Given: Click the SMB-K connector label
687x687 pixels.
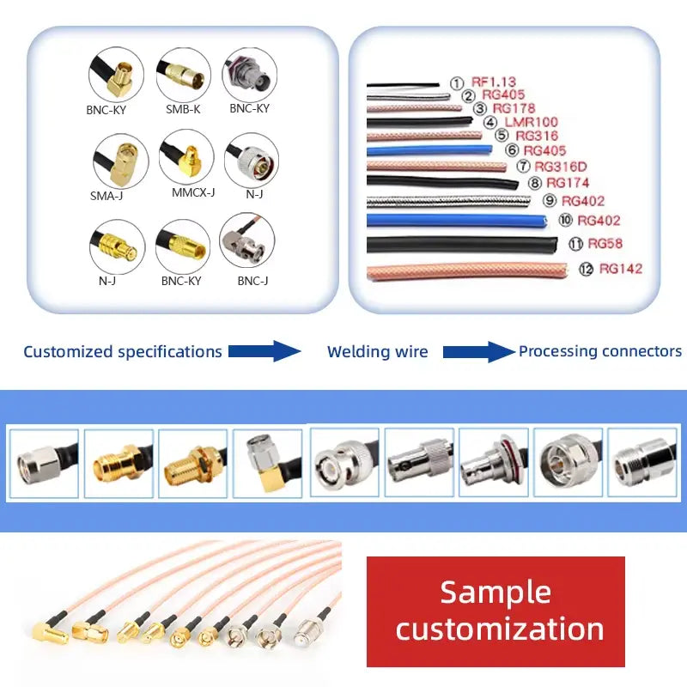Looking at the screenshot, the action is [183, 109].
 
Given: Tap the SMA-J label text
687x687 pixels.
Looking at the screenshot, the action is [106, 196].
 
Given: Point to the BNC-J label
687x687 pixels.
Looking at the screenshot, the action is [252, 281].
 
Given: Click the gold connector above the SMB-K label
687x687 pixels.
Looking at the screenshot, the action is [183, 75].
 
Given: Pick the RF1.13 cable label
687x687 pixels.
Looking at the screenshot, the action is [493, 82].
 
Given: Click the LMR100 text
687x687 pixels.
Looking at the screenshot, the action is [531, 122].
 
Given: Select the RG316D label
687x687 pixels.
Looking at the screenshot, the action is [561, 167].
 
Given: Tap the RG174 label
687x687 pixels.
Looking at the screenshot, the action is [568, 183].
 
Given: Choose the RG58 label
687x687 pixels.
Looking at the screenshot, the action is [605, 243].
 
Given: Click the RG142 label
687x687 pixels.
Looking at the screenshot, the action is [620, 268].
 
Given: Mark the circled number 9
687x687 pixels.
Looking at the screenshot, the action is [550, 201].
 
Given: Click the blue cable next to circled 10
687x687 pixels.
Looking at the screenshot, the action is [457, 221].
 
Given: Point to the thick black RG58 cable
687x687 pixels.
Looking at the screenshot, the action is [462, 245].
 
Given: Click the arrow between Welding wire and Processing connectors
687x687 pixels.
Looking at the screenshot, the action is [479, 352].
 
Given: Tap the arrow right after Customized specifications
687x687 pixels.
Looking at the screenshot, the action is [264, 351].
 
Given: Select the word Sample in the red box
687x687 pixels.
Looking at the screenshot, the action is [495, 593].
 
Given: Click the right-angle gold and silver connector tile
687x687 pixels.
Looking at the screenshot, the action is [267, 463].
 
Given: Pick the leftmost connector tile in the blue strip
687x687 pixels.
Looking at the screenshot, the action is [44, 464].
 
